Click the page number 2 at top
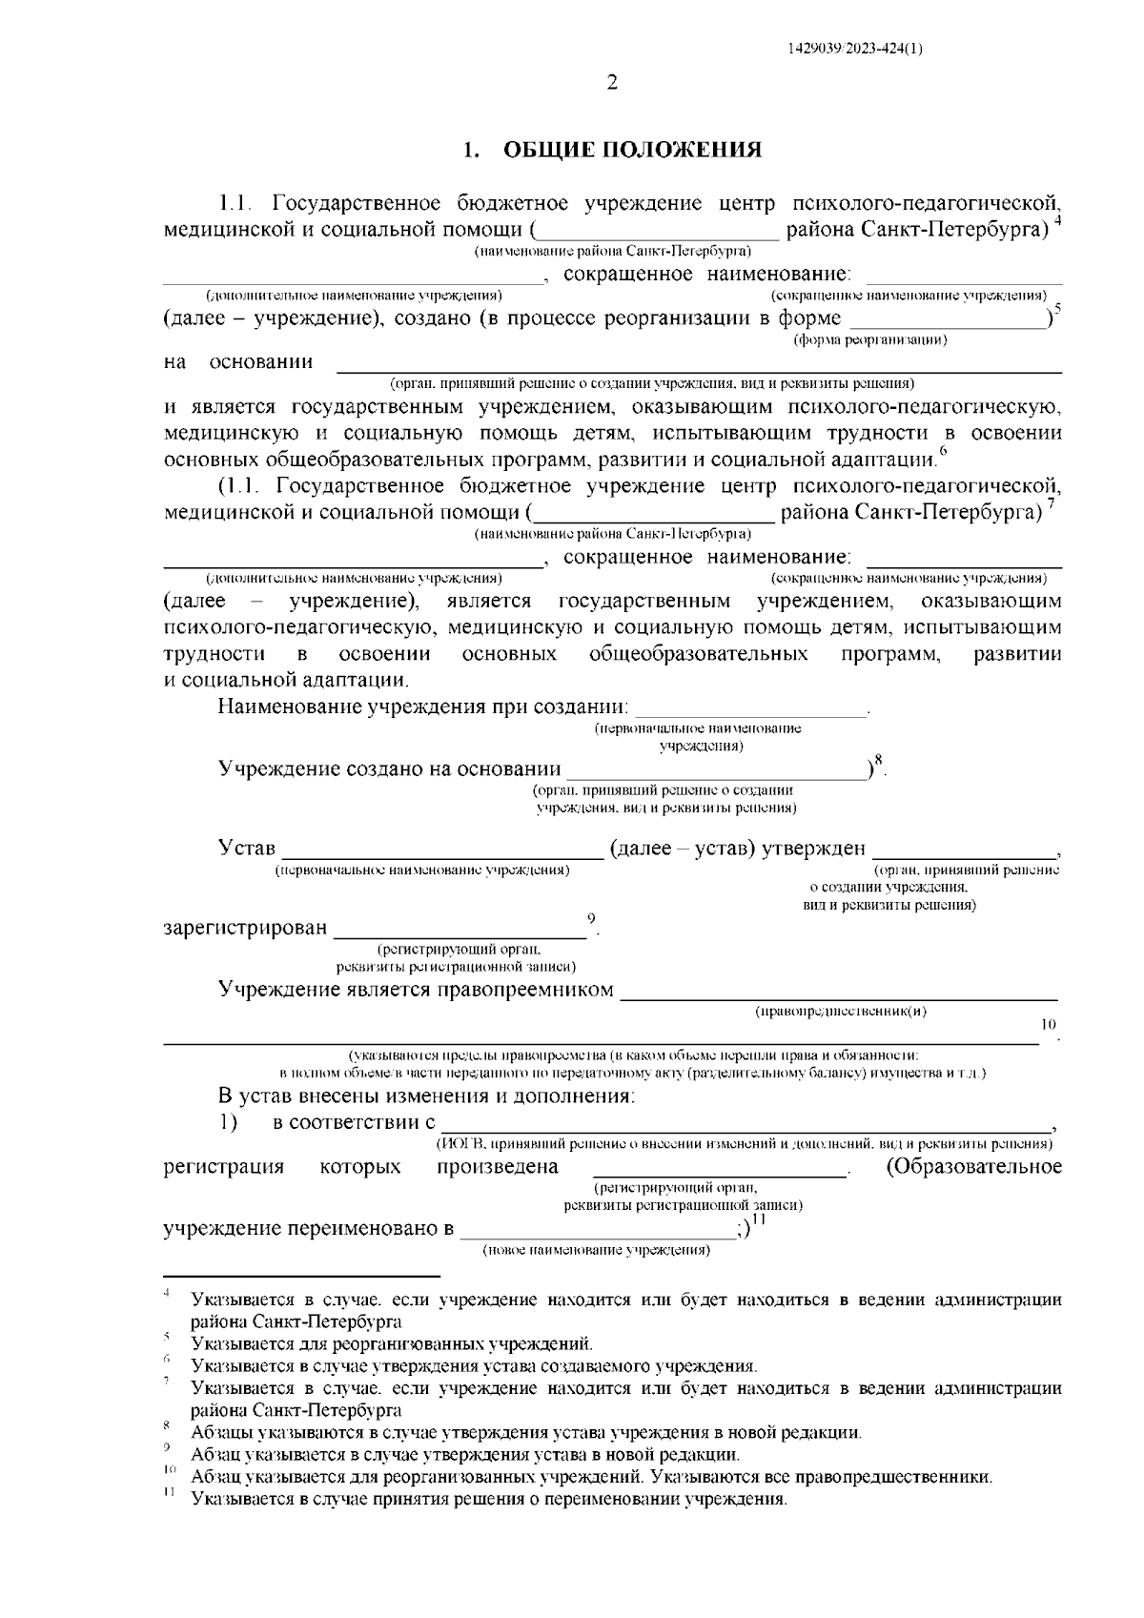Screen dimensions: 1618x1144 coord(612,83)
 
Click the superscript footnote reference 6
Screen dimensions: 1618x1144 coord(943,452)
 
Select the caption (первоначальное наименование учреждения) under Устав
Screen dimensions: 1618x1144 coord(422,870)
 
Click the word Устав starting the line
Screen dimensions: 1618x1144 coord(247,849)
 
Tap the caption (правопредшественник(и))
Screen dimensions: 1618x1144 coord(840,1012)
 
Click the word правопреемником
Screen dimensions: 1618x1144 coord(524,990)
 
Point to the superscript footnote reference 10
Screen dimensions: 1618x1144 coord(1048,1025)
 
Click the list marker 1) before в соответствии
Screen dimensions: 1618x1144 coord(229,1122)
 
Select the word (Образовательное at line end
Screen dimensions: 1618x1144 coord(973,1168)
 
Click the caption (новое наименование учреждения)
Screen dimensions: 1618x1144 coord(597,1249)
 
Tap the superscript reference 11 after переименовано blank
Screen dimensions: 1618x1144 coord(760,1220)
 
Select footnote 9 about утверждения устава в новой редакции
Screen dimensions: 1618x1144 coord(465,1455)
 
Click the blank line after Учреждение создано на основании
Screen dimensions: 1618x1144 coord(715,768)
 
